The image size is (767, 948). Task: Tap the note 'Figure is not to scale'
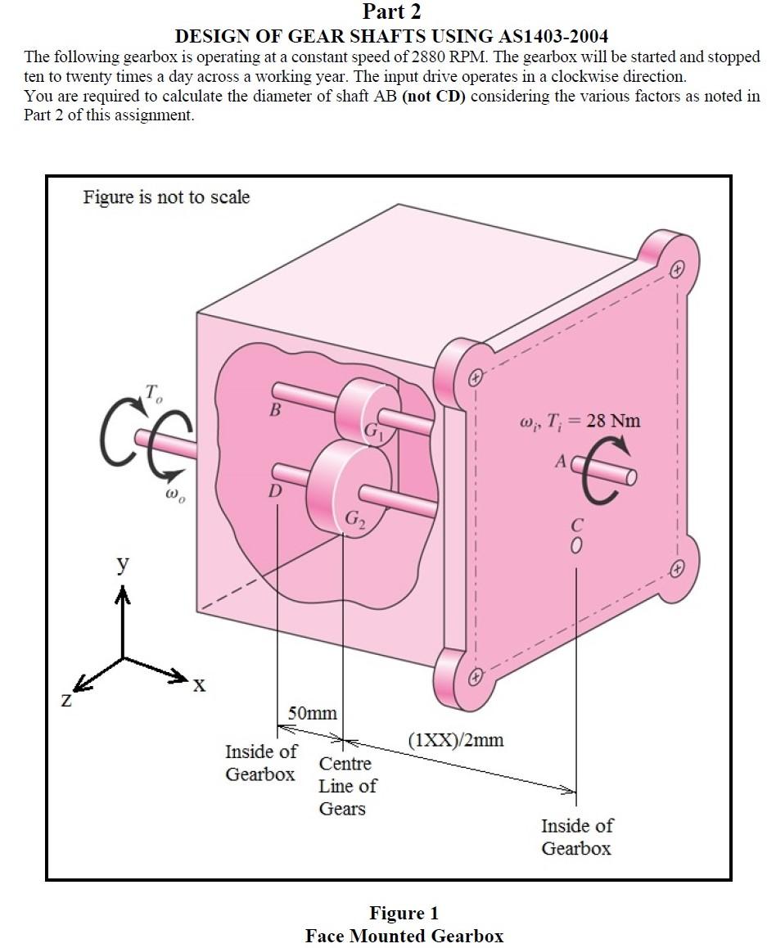(166, 197)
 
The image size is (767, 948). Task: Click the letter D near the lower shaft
(274, 491)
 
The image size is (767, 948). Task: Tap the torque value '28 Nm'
(613, 421)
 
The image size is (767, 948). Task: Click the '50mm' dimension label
(310, 713)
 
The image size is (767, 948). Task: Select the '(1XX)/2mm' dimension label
(456, 740)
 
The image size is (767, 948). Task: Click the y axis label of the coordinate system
(122, 564)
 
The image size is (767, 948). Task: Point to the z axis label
(66, 702)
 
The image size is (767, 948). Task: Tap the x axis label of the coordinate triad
(197, 686)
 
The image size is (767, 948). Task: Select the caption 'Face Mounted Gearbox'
(404, 936)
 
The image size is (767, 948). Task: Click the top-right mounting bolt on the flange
(676, 269)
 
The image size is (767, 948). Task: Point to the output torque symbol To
(153, 393)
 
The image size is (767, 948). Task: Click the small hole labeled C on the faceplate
(577, 544)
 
